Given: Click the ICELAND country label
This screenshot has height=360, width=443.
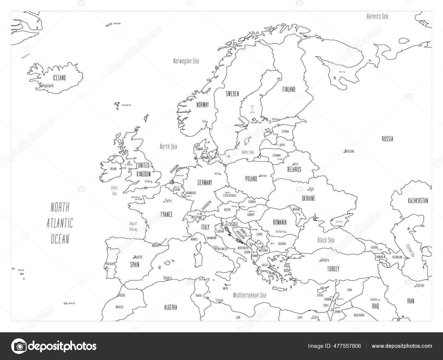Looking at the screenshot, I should [x=59, y=78].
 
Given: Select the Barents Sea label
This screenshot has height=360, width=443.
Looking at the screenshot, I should [x=377, y=16].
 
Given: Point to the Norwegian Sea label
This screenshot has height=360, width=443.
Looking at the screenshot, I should [x=186, y=61].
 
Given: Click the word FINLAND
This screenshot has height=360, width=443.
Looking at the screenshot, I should [x=289, y=89].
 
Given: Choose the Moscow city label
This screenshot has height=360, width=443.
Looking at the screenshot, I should [x=349, y=151].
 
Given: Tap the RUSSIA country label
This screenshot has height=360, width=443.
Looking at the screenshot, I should [x=387, y=139].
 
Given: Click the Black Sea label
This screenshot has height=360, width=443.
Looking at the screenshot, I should [x=326, y=240].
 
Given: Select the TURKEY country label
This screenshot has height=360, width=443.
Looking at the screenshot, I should [x=333, y=269].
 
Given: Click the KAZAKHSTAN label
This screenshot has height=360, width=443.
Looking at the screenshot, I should [x=418, y=201].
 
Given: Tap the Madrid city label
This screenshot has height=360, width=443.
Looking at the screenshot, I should [x=138, y=257].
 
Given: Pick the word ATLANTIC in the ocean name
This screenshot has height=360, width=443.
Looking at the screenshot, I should [x=60, y=223].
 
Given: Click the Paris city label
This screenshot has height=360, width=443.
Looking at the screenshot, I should [x=168, y=200].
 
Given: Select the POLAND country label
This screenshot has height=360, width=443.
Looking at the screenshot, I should [x=251, y=179].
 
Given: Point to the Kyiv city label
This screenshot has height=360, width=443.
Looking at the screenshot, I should [x=311, y=189].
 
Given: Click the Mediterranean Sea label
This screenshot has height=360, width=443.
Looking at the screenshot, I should [x=249, y=295].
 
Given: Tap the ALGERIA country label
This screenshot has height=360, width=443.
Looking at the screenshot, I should [x=171, y=307].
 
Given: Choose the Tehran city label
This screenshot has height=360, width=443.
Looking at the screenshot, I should [x=419, y=285].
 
